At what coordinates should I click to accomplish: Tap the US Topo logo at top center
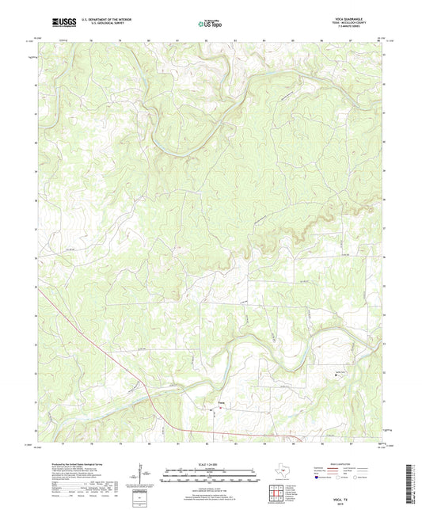point(210,24)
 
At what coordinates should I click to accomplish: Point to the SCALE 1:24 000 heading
point(210,464)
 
